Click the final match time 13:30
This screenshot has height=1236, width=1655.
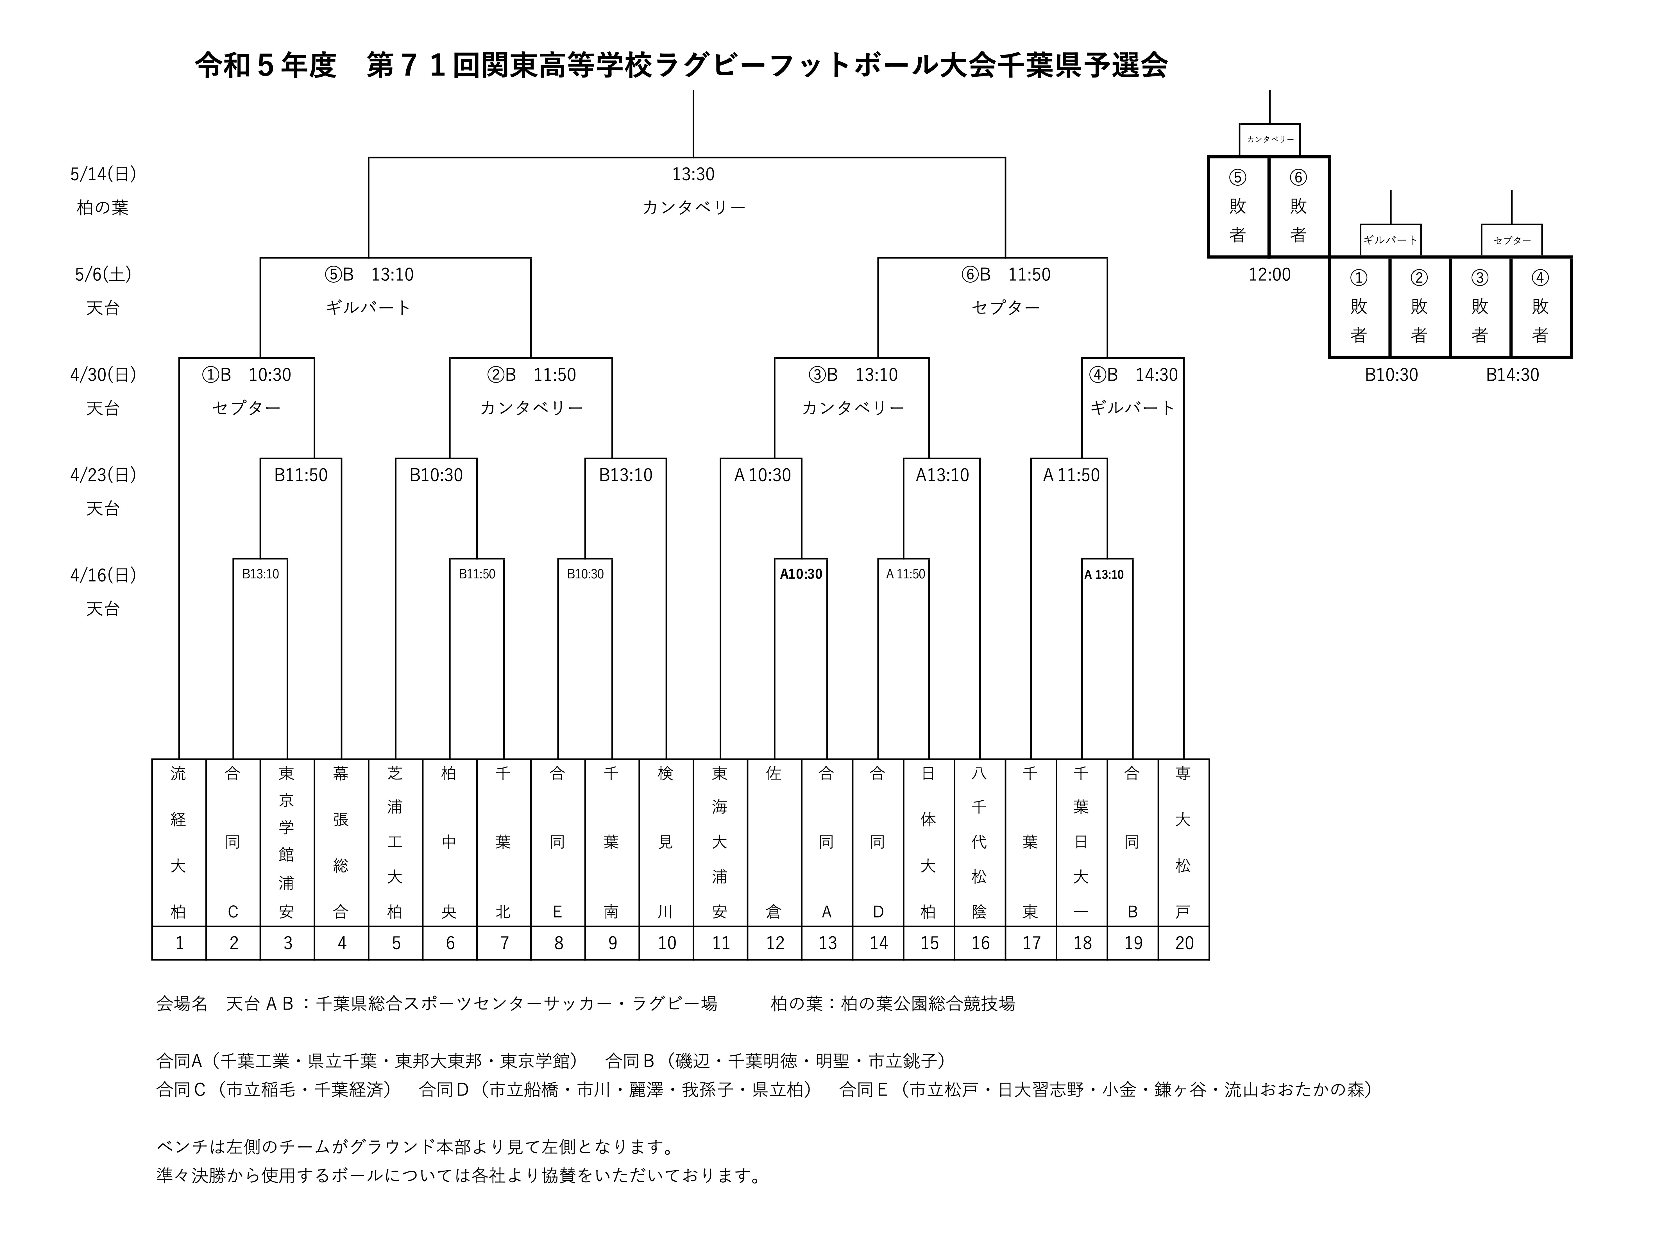693,174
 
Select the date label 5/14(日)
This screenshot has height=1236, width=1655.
103,174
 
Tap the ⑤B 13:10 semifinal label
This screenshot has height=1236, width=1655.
369,274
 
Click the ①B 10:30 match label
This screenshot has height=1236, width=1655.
246,375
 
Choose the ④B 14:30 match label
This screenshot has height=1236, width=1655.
1133,375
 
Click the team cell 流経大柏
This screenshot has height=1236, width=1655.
179,842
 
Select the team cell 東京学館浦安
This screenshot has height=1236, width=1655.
287,842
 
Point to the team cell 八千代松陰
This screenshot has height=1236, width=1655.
980,842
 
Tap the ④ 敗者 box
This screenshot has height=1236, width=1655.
1541,307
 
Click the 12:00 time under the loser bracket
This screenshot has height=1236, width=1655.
1270,274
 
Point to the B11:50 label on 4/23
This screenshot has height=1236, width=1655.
301,475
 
